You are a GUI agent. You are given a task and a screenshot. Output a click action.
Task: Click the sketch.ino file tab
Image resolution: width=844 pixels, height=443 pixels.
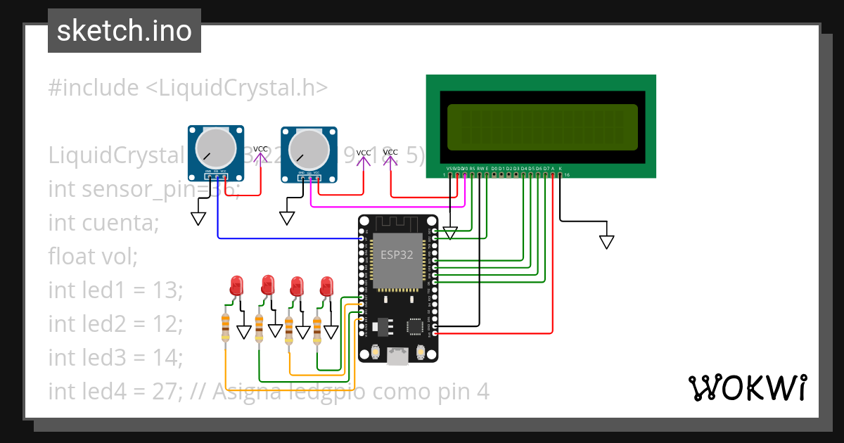tap(124, 31)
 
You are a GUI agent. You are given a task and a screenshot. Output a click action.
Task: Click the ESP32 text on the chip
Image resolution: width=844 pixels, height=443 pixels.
tap(397, 255)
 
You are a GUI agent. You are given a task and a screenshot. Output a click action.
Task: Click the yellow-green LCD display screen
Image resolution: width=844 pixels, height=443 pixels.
tap(542, 127)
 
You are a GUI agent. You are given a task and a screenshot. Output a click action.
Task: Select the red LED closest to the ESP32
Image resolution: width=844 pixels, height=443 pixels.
tap(326, 287)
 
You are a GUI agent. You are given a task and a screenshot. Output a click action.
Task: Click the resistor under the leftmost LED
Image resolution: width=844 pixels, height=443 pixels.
tap(225, 327)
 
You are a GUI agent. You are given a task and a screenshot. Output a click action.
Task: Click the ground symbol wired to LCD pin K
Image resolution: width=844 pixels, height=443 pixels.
tap(606, 242)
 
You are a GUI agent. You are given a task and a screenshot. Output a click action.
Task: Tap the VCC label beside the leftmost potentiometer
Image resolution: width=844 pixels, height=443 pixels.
tap(260, 149)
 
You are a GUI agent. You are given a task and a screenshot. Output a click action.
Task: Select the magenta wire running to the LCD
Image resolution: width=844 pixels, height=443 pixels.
tap(387, 207)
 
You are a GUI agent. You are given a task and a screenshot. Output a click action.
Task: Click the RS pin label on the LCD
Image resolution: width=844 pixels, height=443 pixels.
tap(472, 169)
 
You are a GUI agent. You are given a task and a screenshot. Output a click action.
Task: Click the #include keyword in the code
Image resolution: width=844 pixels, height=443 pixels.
tap(94, 88)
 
